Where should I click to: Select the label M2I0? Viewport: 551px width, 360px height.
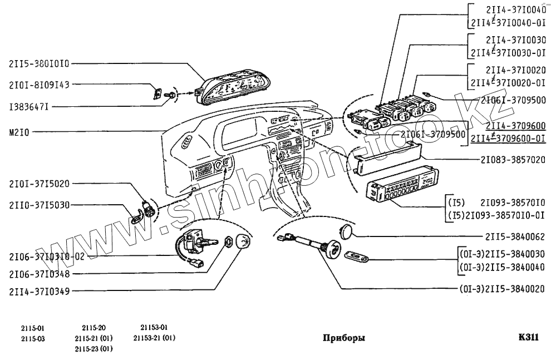pos(20,132)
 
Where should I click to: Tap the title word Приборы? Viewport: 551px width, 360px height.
pos(344,338)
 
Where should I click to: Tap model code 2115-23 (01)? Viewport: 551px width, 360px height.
pos(94,349)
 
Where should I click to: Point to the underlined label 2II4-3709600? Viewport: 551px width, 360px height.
pos(515,126)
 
